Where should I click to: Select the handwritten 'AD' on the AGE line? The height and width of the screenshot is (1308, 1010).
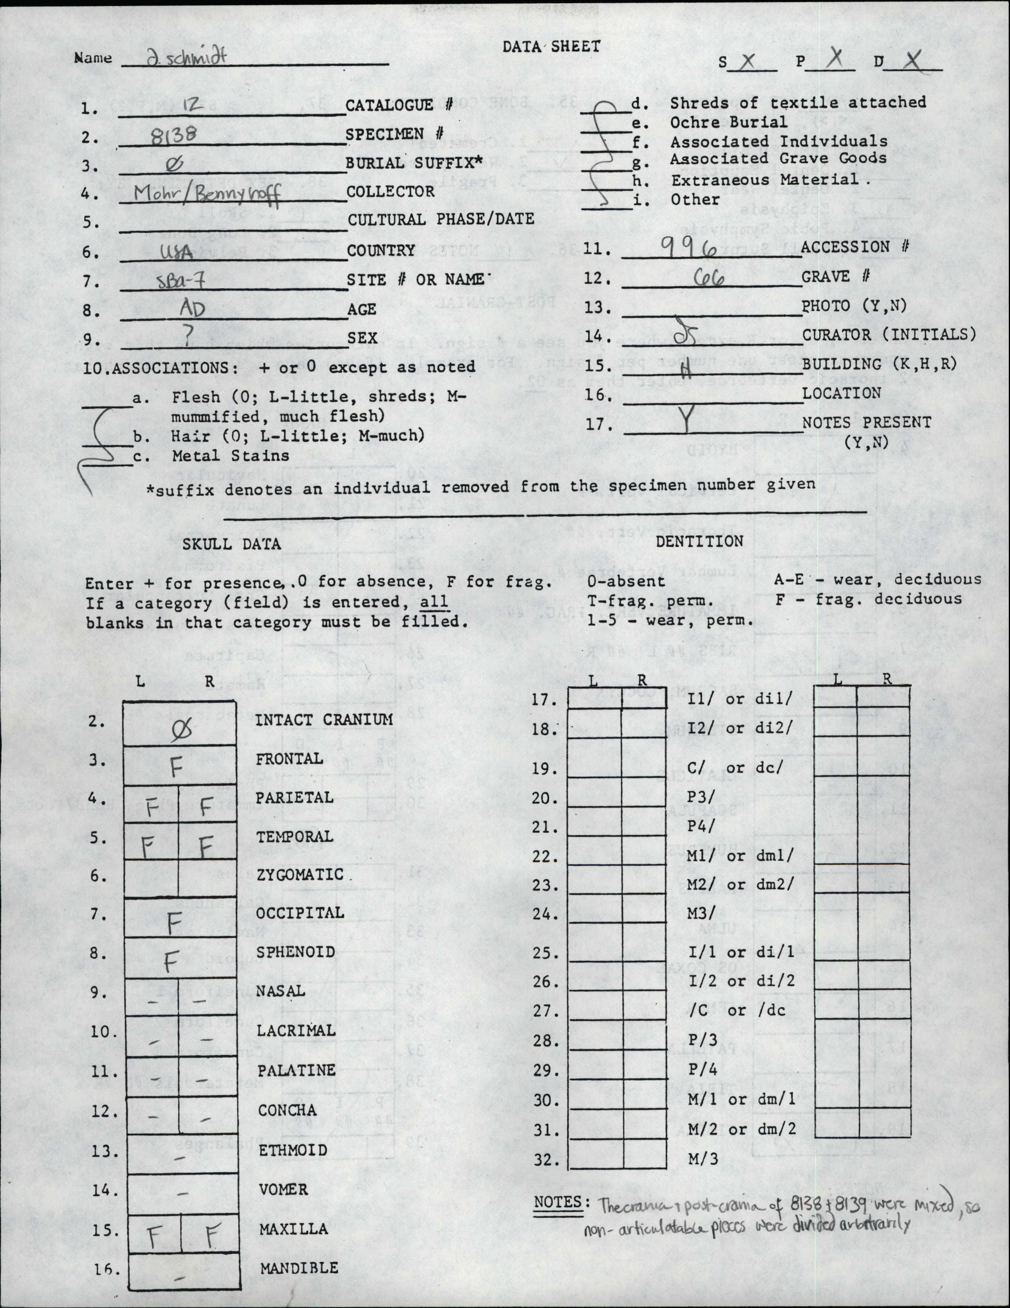(x=193, y=309)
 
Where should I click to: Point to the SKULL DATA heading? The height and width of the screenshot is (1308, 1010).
(x=232, y=544)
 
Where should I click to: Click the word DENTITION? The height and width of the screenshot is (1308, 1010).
(x=699, y=541)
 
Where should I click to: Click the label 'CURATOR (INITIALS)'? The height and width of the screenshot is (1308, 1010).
(x=889, y=335)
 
